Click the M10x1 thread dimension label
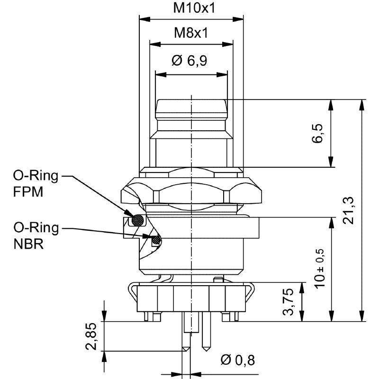pyautogui.click(x=194, y=8)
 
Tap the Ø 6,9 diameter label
pyautogui.click(x=189, y=61)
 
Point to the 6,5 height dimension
pyautogui.click(x=317, y=134)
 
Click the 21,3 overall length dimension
pyautogui.click(x=349, y=210)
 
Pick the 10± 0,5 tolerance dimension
pyautogui.click(x=319, y=268)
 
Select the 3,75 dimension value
pyautogui.click(x=288, y=302)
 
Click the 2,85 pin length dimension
pyautogui.click(x=91, y=336)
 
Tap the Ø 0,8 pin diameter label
pyautogui.click(x=238, y=360)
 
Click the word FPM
pyautogui.click(x=28, y=192)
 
